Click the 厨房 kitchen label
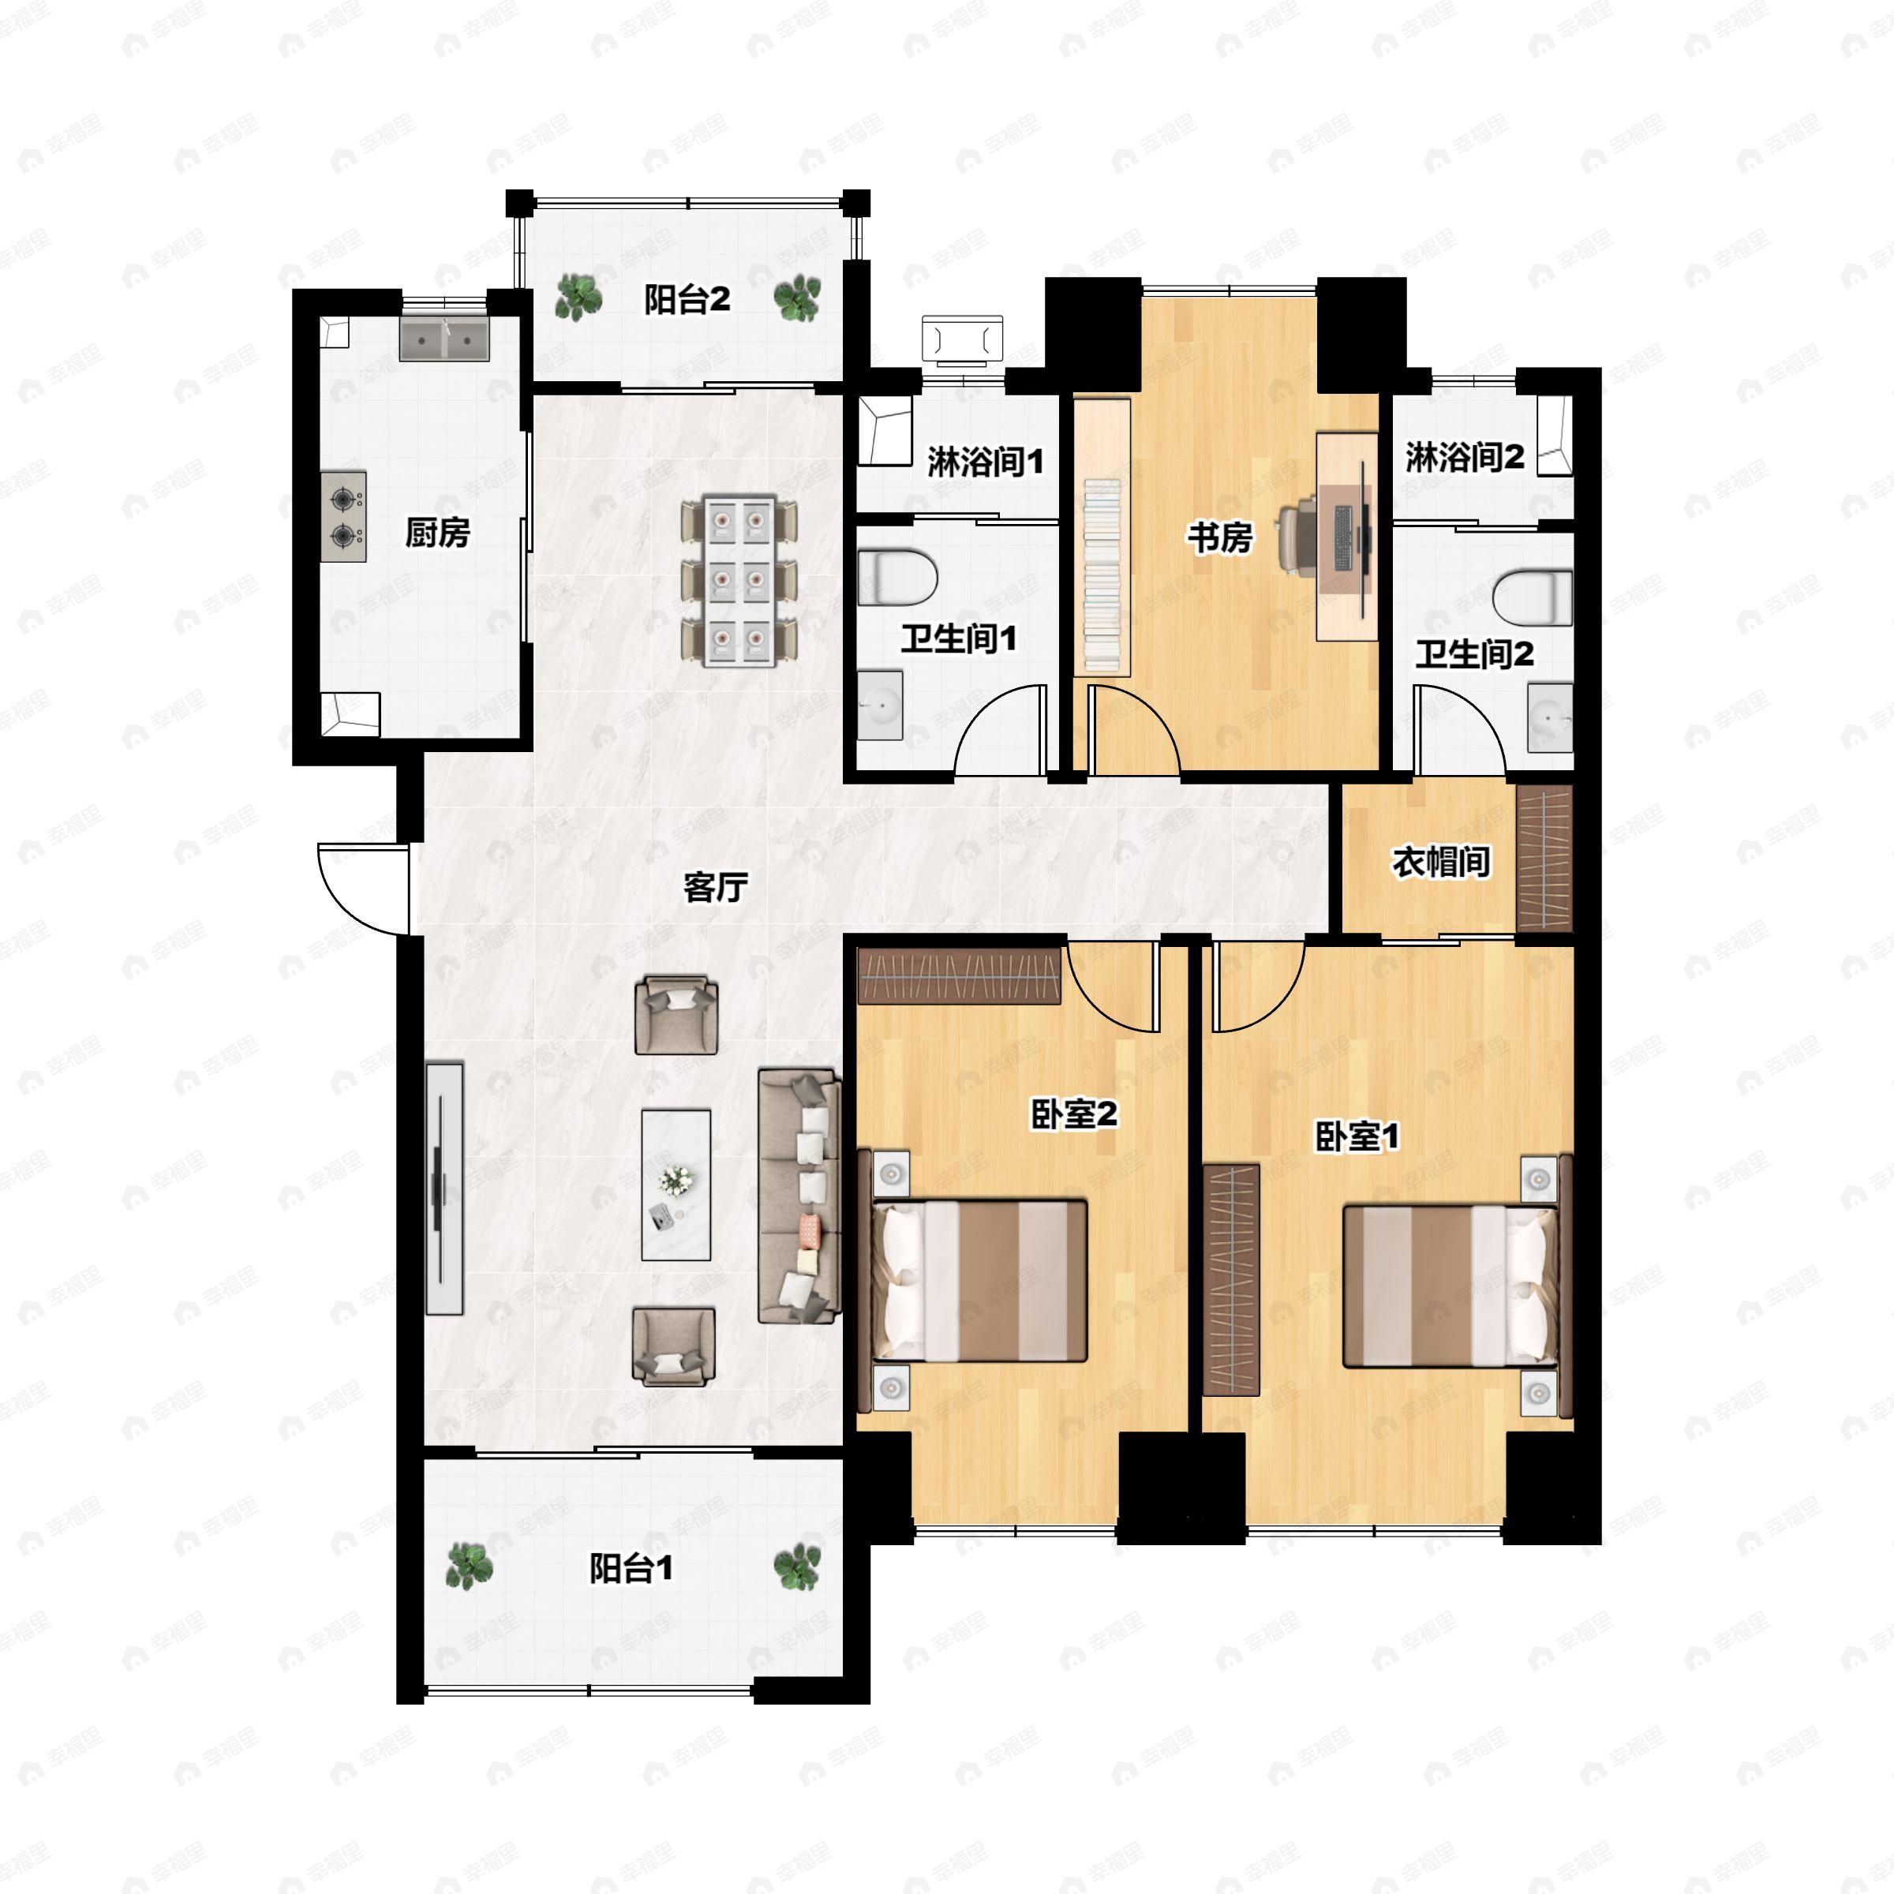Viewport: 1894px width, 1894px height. click(x=437, y=533)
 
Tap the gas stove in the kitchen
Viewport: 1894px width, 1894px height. click(x=343, y=517)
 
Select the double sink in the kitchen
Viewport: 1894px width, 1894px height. click(x=444, y=340)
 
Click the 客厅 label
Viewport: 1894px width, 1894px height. click(x=716, y=887)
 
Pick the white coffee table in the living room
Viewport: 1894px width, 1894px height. click(x=676, y=1185)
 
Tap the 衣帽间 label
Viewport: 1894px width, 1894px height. click(x=1441, y=863)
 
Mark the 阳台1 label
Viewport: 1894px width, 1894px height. click(x=631, y=1570)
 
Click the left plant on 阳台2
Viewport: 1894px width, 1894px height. click(x=578, y=297)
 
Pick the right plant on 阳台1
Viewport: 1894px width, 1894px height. click(x=796, y=1567)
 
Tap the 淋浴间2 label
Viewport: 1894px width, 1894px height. click(x=1465, y=457)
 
